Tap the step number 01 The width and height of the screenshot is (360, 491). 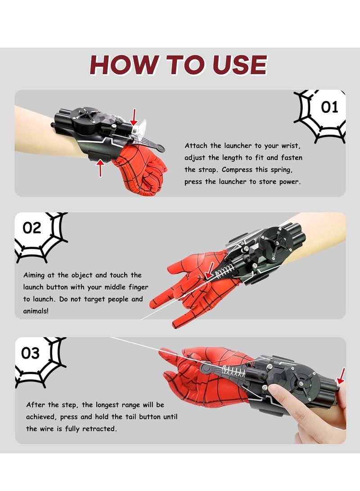pos(329,107)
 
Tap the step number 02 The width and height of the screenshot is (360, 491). pos(31,228)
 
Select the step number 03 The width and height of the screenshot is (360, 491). pos(31,353)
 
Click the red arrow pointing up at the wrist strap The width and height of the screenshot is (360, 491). pos(100,168)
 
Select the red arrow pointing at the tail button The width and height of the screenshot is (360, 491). pos(342,375)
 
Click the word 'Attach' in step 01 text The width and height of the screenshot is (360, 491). pos(196,146)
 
